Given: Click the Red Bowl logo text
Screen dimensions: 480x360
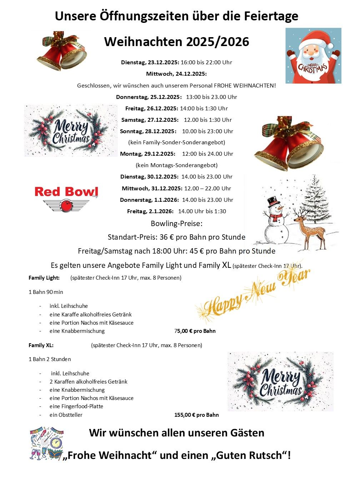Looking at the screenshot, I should click(x=66, y=192).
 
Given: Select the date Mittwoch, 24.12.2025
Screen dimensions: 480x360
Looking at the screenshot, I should click(x=176, y=74).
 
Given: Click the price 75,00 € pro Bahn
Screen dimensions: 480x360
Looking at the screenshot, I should click(x=195, y=331).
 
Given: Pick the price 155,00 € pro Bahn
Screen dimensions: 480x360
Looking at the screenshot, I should click(x=196, y=415).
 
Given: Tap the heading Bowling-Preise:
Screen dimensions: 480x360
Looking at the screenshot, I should click(x=176, y=224).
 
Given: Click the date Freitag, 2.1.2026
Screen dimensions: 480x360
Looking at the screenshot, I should click(x=150, y=211).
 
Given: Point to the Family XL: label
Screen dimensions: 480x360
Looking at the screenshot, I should click(x=41, y=345).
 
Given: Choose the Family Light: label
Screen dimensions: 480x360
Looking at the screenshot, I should click(x=44, y=278).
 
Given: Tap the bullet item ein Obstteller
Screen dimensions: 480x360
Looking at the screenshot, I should click(x=66, y=415).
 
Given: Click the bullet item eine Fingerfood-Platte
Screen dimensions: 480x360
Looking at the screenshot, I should click(x=76, y=406).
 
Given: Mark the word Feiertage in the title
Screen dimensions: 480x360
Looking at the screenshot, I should click(x=271, y=16).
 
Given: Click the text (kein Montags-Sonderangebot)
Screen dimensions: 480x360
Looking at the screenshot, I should click(x=176, y=165).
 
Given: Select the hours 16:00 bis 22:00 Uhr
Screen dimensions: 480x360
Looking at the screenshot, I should click(x=206, y=62).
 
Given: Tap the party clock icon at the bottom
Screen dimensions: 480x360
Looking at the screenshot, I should click(x=56, y=443).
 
